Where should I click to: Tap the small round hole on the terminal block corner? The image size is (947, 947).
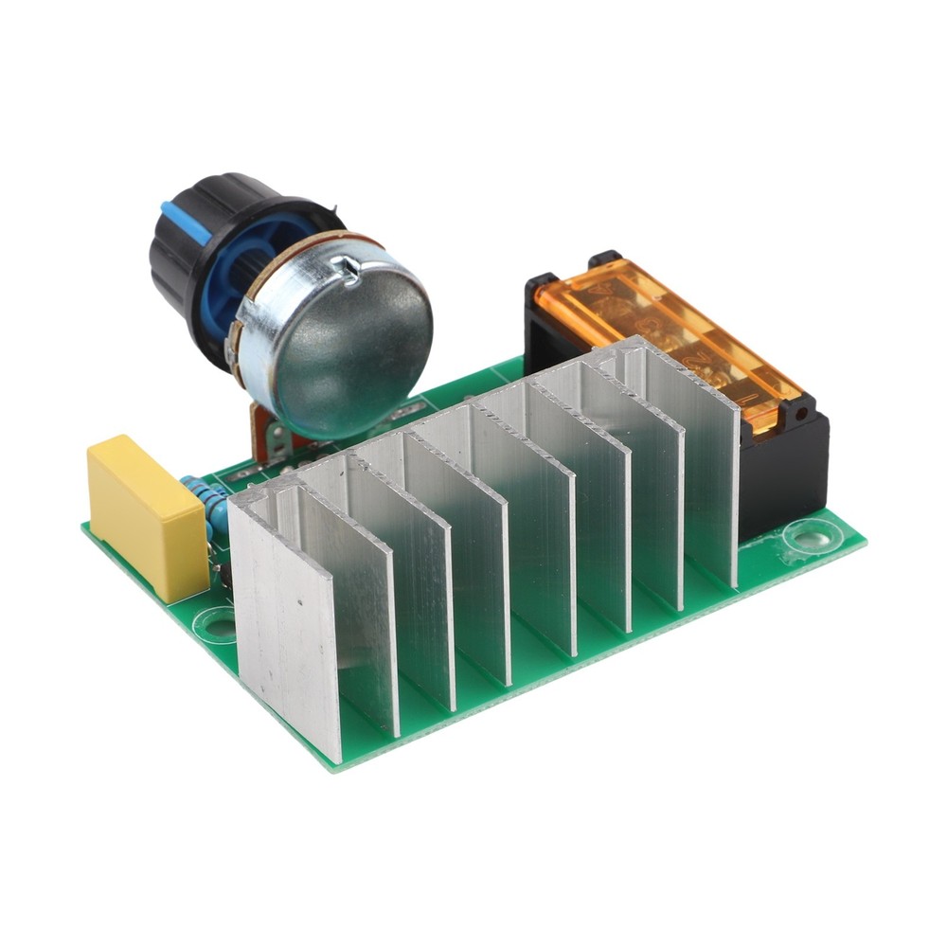802,412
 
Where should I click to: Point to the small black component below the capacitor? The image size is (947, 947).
225,574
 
